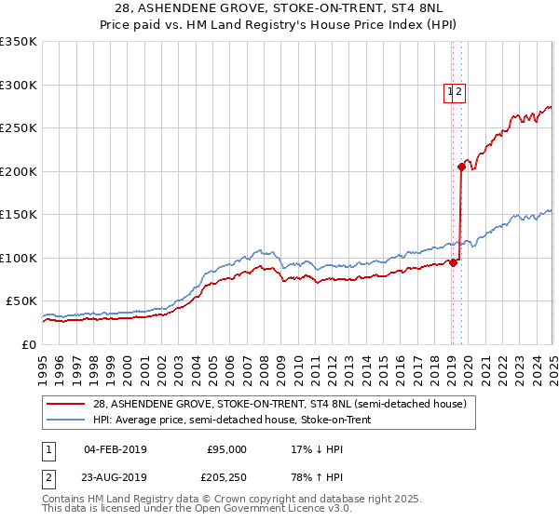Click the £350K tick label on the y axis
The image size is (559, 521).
click(19, 42)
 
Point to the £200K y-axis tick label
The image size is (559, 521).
click(19, 171)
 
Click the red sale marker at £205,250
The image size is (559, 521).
click(461, 167)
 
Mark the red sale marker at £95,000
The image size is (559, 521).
click(453, 262)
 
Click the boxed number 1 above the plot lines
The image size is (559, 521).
click(450, 91)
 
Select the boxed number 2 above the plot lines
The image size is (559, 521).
click(459, 91)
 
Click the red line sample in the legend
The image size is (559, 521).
click(66, 404)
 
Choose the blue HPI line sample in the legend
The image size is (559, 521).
click(66, 420)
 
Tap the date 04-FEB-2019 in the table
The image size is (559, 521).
click(116, 449)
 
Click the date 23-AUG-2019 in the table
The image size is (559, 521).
click(116, 479)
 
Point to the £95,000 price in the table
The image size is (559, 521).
click(226, 449)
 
